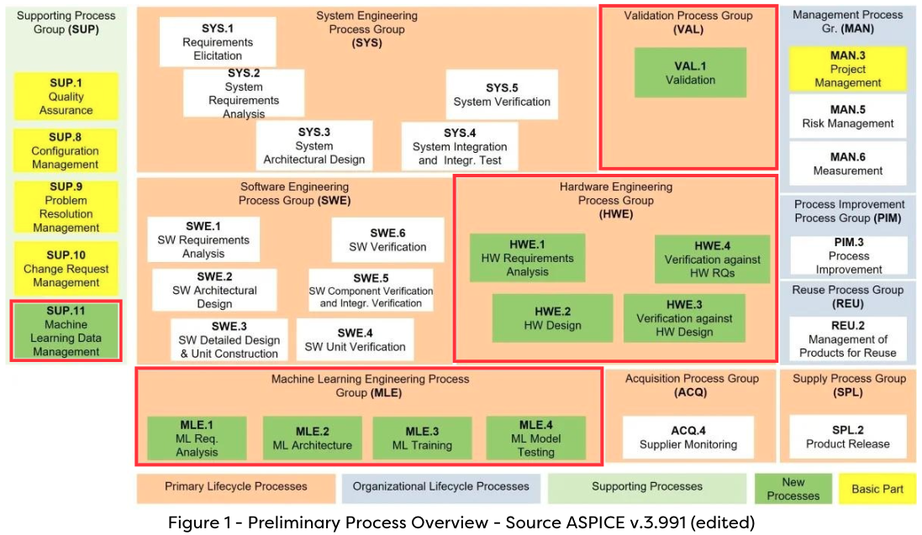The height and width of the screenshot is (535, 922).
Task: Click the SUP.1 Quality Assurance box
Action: [66, 97]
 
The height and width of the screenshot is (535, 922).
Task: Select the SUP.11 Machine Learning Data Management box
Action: [66, 331]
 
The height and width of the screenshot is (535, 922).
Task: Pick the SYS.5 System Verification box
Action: [502, 95]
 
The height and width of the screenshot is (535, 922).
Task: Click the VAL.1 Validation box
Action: [690, 73]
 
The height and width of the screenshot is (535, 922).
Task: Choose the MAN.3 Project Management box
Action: [847, 69]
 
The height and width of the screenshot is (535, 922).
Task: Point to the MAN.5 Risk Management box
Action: [847, 116]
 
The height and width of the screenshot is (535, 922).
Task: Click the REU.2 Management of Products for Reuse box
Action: [847, 339]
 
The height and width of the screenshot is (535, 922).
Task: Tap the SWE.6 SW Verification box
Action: [387, 240]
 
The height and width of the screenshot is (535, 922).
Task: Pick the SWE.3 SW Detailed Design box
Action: [229, 340]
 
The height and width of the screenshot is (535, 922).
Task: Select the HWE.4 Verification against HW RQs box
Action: [712, 259]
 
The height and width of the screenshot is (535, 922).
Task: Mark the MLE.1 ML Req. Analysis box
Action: [197, 438]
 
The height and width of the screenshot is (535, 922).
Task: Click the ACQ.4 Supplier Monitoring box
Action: [688, 438]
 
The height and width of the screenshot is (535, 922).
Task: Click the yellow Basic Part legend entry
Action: [877, 489]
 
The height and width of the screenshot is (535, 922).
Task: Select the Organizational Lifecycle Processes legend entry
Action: [440, 487]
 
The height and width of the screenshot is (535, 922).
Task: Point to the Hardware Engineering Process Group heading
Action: [615, 200]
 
